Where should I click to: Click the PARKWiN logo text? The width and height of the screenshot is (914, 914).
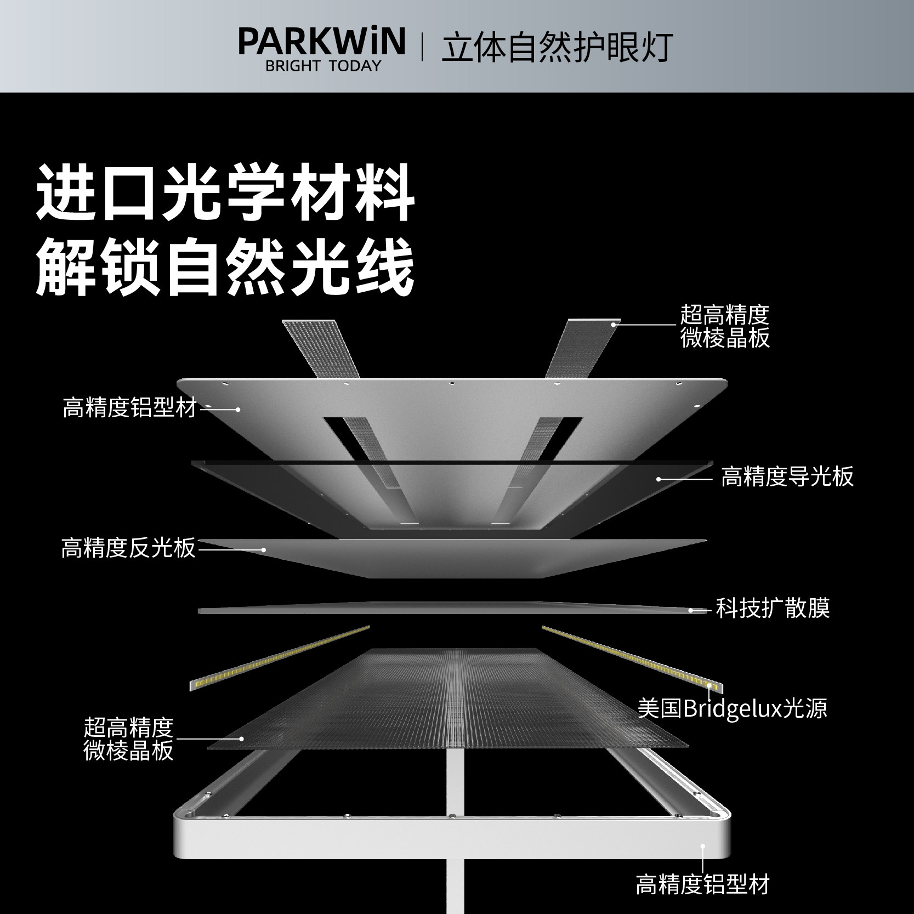point(322,42)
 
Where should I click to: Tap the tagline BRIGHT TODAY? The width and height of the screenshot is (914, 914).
point(322,66)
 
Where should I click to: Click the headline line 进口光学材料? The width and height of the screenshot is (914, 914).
point(225,195)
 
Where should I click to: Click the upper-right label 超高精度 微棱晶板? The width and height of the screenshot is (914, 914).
point(725,327)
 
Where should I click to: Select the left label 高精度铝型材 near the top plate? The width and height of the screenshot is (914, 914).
point(129,408)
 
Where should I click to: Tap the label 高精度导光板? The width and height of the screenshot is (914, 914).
point(787,477)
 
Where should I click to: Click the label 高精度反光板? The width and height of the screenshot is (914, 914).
point(128,548)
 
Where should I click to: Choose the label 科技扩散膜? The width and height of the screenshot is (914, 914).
point(773,608)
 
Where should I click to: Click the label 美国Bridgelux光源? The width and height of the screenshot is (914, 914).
point(732,708)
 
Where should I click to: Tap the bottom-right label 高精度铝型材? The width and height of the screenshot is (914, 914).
point(702,884)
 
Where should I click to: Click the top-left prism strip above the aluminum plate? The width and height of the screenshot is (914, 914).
point(320,348)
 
